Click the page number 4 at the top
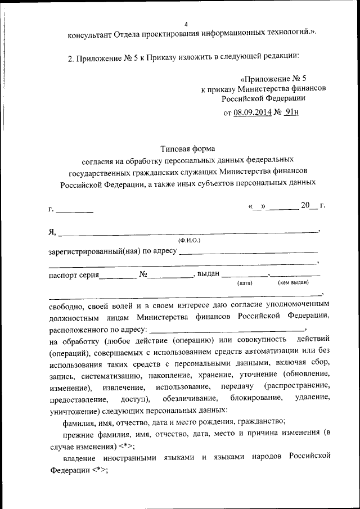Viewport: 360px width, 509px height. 187,24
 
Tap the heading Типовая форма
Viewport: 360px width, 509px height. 187,149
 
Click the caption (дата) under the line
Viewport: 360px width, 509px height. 245,283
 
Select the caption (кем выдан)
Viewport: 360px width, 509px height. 293,283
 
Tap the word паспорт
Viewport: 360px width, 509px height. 64,276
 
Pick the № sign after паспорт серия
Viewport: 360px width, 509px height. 143,275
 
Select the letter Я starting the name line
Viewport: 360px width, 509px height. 52,231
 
